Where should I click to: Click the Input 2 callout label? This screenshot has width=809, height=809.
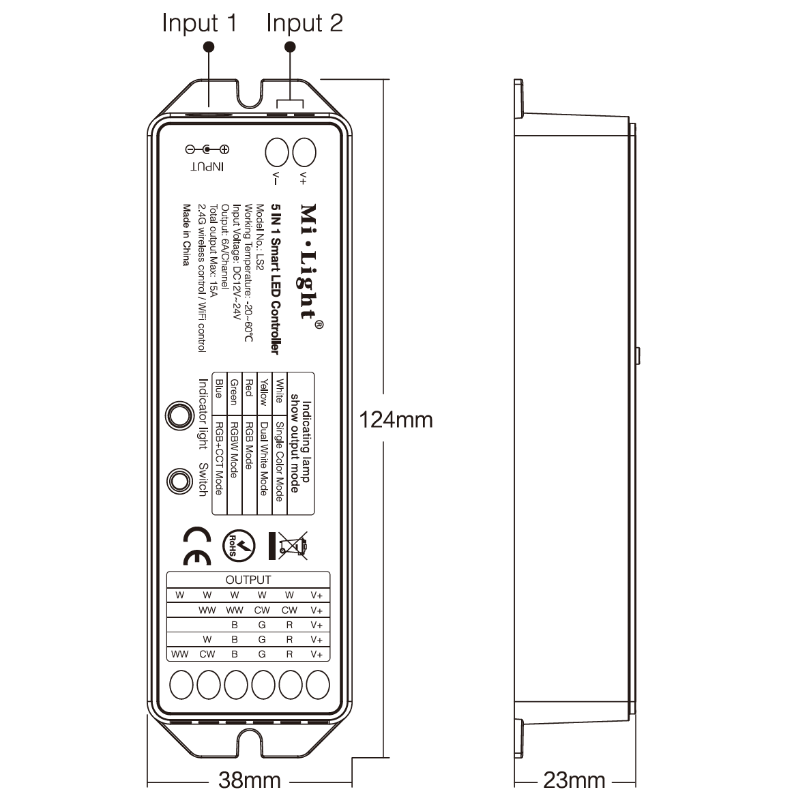point(304,23)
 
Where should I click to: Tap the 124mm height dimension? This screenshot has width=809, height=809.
point(396,419)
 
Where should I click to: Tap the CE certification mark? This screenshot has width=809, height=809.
point(198,546)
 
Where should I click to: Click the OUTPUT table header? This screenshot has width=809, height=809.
point(248,580)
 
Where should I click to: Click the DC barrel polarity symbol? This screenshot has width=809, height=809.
point(207,149)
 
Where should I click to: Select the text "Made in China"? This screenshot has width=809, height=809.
point(185,235)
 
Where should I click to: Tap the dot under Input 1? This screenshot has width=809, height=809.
point(209,46)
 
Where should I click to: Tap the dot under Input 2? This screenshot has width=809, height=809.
point(290,46)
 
